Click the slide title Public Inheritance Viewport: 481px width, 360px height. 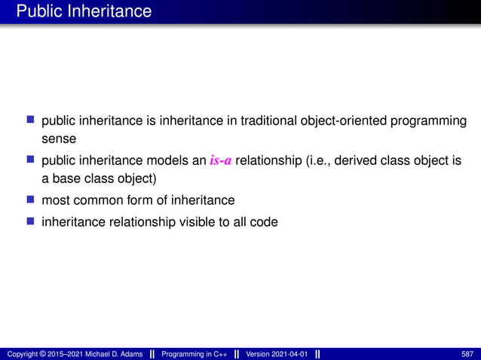coord(84,11)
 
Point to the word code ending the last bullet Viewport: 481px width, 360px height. coord(265,221)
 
